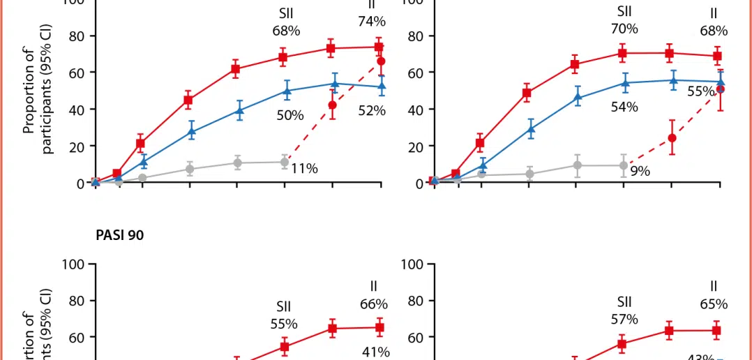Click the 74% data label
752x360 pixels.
click(x=372, y=22)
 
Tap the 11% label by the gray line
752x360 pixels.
click(x=305, y=168)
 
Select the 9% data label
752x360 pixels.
click(x=640, y=171)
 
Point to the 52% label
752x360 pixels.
click(x=372, y=110)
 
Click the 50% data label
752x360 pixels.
click(x=290, y=115)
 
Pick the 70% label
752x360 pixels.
click(x=624, y=29)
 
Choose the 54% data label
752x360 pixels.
click(x=624, y=107)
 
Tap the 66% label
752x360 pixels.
click(x=374, y=304)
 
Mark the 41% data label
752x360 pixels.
click(x=375, y=352)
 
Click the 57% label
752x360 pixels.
click(x=624, y=319)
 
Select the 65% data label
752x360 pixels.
click(x=714, y=304)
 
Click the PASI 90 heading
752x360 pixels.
click(x=120, y=235)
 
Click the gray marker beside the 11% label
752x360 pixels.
click(x=285, y=162)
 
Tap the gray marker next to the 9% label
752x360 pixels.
click(x=624, y=165)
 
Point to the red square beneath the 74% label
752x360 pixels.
click(x=379, y=47)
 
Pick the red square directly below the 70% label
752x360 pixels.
click(x=622, y=53)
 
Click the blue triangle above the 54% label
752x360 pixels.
click(x=624, y=83)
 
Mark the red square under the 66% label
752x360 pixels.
click(x=379, y=327)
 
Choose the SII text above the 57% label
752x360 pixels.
click(x=624, y=302)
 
